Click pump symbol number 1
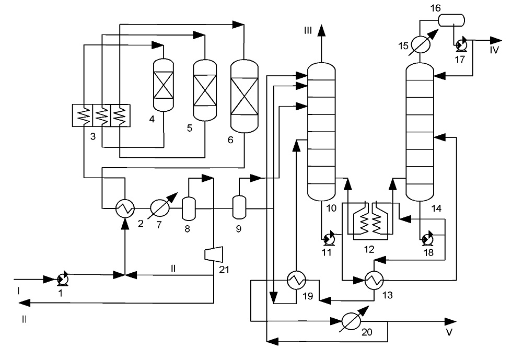(62, 280)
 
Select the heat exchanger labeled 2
(125, 208)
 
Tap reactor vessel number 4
(163, 85)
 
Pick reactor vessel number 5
(205, 90)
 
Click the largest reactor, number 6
(245, 96)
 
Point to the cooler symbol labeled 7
(160, 207)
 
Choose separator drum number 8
(189, 208)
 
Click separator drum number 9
(239, 207)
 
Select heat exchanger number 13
(374, 280)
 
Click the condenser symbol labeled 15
(420, 44)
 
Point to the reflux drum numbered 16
(451, 20)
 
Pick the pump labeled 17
(461, 45)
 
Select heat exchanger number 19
(297, 280)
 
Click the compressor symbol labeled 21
(214, 254)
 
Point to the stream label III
(308, 30)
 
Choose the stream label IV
(494, 50)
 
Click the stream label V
(449, 332)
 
